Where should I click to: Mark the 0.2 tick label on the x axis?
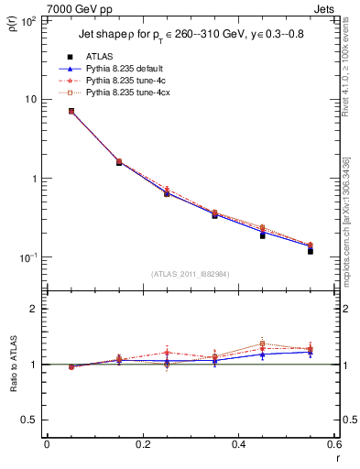[x=142, y=444]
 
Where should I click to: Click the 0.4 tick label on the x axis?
[x=238, y=444]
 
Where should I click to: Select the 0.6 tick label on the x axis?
[x=333, y=444]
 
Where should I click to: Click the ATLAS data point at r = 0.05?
[x=71, y=111]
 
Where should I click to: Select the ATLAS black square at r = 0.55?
[x=311, y=250]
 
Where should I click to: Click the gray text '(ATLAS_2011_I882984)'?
[x=189, y=273]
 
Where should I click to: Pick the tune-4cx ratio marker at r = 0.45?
[x=263, y=344]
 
